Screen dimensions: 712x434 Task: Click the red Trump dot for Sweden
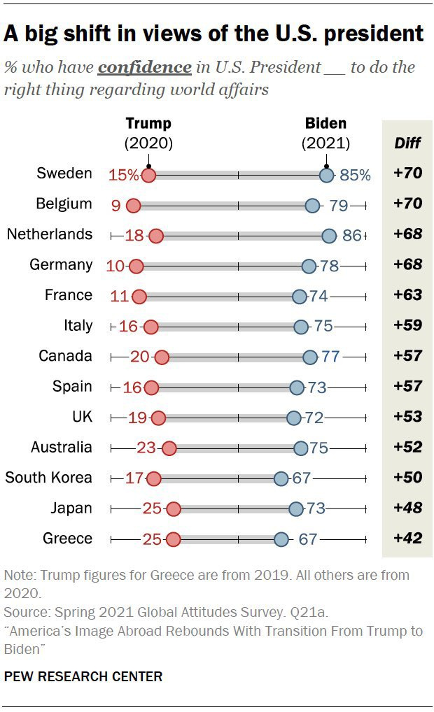[x=148, y=175]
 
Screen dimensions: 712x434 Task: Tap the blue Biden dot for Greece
[x=281, y=539]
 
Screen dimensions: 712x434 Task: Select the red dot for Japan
[x=174, y=508]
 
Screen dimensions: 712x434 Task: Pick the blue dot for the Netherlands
[x=329, y=236]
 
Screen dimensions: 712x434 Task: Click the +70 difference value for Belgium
[x=408, y=204]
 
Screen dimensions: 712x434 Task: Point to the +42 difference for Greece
[x=408, y=539]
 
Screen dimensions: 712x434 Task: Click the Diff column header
[x=407, y=143]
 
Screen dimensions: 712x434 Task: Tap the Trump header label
[x=148, y=124]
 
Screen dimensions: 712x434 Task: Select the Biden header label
[x=325, y=124]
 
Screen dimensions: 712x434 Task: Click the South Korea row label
[x=48, y=478]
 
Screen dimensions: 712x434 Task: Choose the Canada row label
[x=65, y=356]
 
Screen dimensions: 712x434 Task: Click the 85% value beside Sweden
[x=355, y=175]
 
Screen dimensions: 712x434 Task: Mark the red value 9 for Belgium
[x=115, y=205]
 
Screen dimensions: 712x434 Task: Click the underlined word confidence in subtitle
[x=145, y=68]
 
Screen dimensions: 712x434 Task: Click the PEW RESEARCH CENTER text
[x=83, y=676]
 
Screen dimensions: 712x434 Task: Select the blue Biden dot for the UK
[x=294, y=418]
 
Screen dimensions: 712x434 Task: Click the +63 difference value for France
[x=408, y=295]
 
